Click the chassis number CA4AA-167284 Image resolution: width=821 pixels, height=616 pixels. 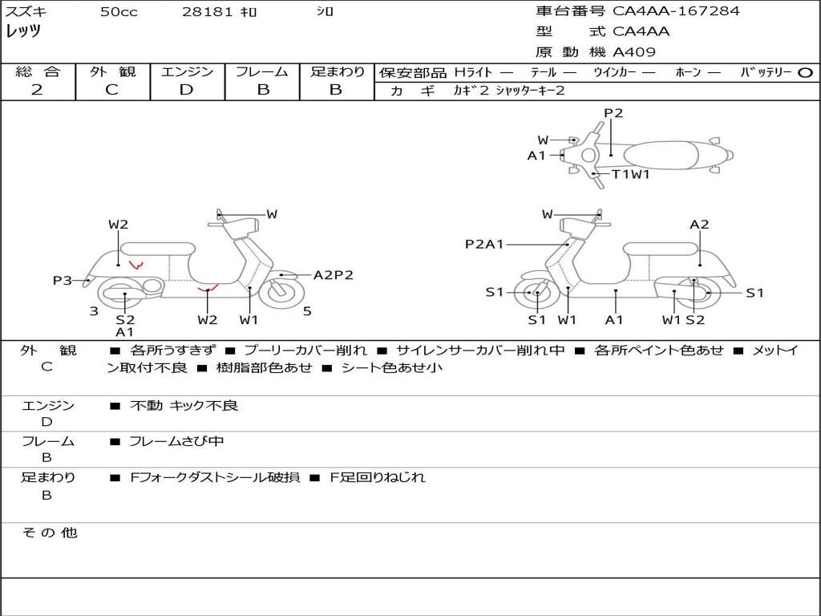[676, 11]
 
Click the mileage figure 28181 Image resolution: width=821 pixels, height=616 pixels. [207, 12]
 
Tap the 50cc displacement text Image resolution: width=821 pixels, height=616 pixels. [119, 12]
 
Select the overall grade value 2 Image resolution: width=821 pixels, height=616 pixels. [37, 90]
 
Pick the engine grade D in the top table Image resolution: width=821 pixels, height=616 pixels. [186, 90]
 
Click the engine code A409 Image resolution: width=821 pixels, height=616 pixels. [634, 53]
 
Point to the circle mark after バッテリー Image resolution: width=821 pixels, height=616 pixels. [806, 73]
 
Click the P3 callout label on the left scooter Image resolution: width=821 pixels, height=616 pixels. [62, 281]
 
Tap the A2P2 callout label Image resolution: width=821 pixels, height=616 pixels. [333, 275]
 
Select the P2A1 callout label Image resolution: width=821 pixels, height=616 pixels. [484, 245]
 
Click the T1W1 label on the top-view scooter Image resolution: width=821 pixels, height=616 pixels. [630, 174]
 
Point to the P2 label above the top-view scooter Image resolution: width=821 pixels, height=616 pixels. [613, 113]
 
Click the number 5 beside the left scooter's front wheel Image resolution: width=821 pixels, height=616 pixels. [307, 311]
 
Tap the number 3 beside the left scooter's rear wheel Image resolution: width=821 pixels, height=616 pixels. [94, 311]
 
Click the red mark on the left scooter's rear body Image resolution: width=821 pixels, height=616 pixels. [136, 263]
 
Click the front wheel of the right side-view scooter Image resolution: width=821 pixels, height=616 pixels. [536, 293]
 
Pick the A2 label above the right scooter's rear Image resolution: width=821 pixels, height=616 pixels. [699, 225]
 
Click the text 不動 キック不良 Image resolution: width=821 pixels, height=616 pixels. [184, 406]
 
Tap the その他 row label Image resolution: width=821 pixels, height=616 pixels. [49, 533]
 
